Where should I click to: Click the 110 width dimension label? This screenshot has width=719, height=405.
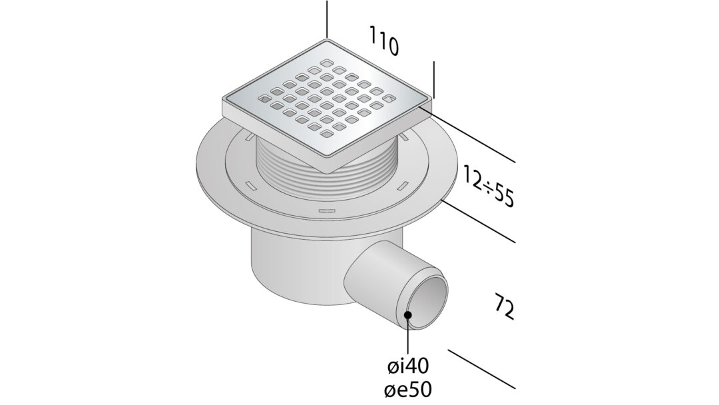click(x=383, y=41)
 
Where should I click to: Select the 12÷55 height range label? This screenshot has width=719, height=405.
click(x=489, y=187)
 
